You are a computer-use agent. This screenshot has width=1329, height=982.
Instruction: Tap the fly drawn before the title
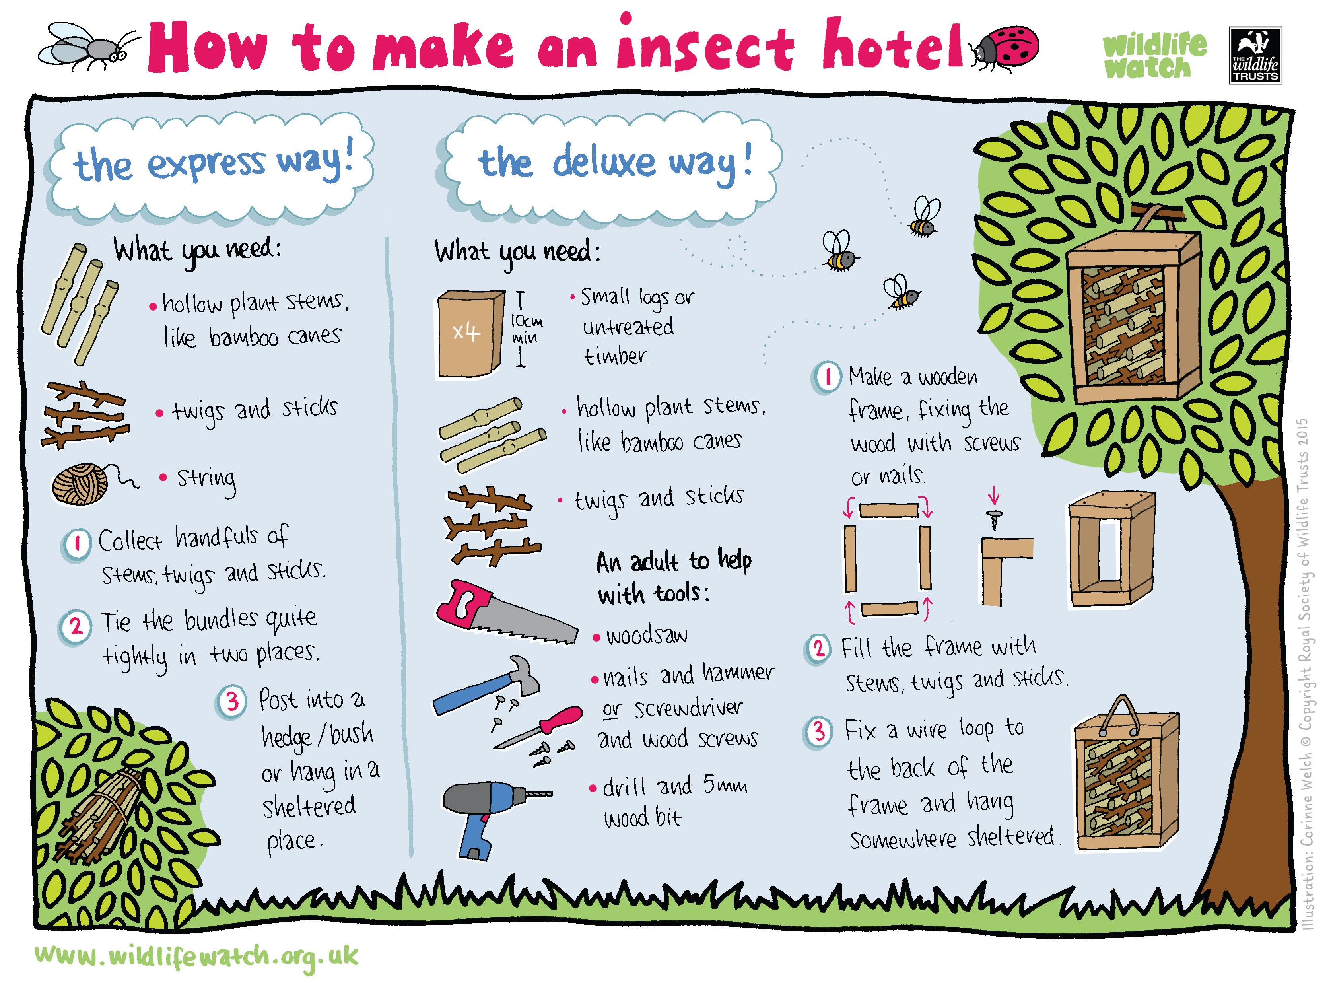[89, 48]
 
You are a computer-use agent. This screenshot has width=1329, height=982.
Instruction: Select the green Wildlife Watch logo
[1154, 56]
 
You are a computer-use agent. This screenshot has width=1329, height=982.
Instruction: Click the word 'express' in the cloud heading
[206, 163]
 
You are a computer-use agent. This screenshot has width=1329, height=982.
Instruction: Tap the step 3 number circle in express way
[232, 702]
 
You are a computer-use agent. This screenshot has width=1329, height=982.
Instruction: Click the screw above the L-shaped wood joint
[994, 519]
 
